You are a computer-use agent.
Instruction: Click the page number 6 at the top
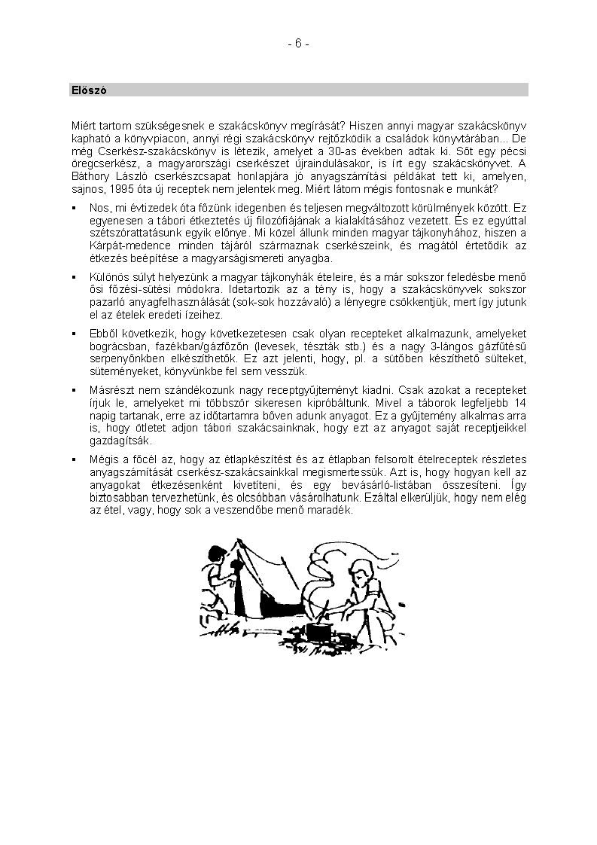[x=297, y=44]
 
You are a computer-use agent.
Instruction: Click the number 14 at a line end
[x=519, y=403]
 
